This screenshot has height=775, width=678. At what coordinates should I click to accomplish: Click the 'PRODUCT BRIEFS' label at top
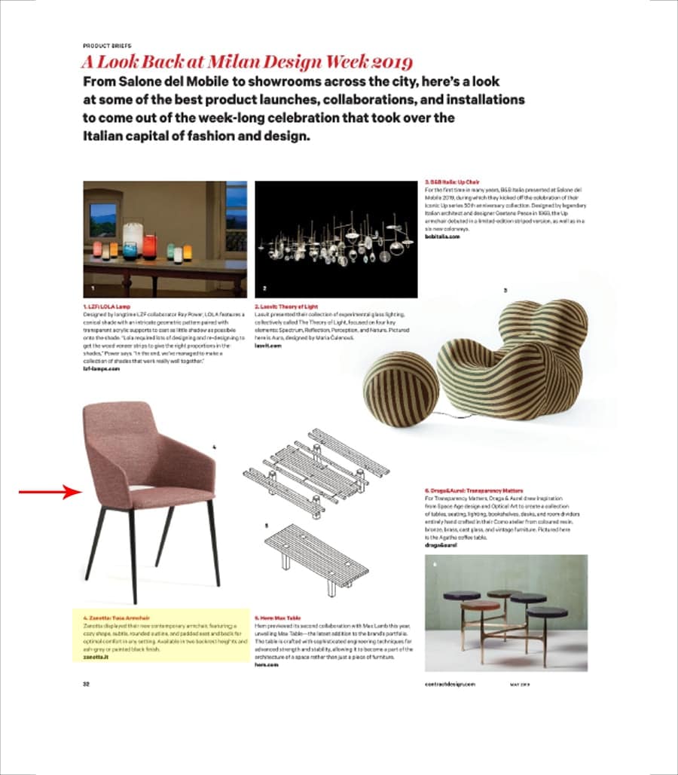click(x=106, y=45)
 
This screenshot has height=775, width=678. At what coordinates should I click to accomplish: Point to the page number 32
click(x=86, y=683)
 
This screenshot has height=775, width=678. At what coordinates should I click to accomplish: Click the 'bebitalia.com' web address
click(x=441, y=236)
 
